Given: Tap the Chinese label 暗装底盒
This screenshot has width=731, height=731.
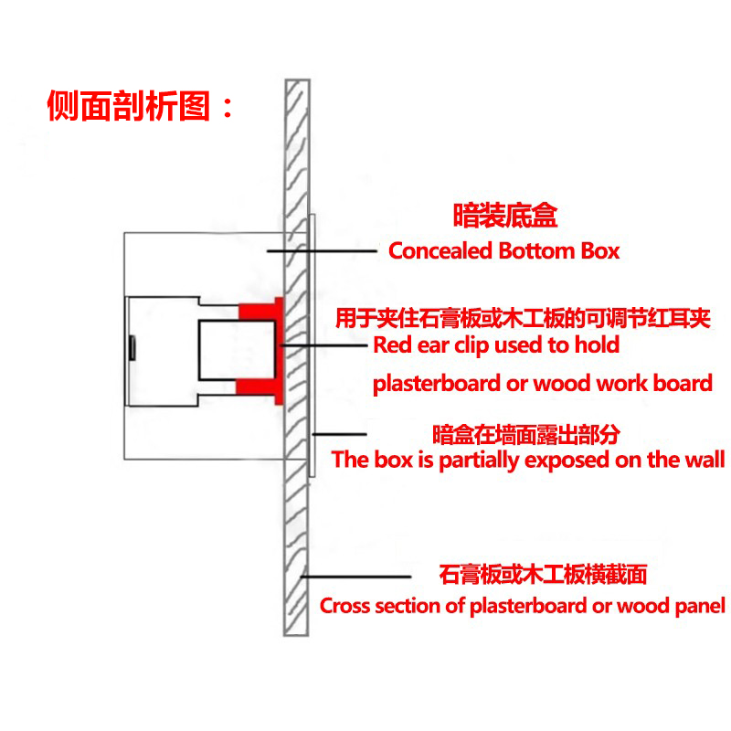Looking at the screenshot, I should click(505, 217).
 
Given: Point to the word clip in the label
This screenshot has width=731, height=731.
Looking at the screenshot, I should click(497, 345).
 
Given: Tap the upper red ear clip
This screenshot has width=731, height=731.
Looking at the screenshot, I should click(261, 311).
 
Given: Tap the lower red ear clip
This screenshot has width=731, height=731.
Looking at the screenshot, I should click(261, 386).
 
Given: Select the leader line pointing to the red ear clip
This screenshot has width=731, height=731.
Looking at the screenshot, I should click(324, 345).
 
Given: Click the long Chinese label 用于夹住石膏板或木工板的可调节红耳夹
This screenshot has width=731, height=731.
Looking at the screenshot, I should click(523, 318).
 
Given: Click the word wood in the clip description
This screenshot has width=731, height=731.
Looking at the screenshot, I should click(567, 384).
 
